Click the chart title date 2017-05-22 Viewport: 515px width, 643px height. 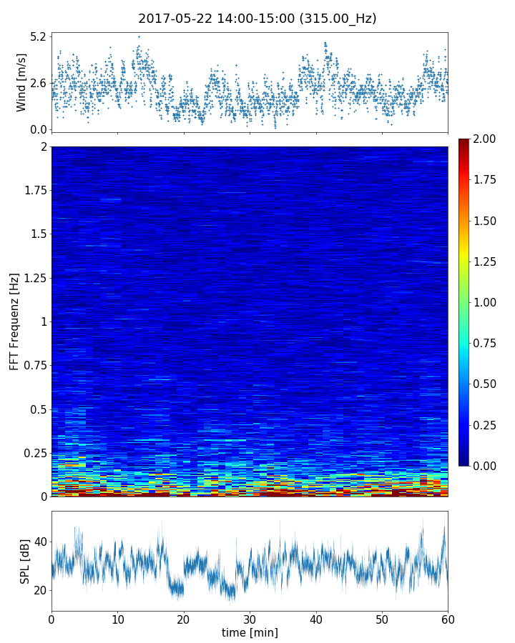pos(172,19)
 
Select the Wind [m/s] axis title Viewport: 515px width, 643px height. pos(21,82)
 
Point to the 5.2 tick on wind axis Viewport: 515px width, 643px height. pos(38,36)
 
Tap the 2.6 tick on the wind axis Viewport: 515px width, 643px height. pos(38,83)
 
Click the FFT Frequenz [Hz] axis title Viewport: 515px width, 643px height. pos(14,321)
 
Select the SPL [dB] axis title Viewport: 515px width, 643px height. pos(25,561)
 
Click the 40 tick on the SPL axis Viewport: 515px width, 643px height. pos(40,542)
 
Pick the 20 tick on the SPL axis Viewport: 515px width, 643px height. pos(40,590)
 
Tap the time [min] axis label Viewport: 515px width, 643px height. pos(250,632)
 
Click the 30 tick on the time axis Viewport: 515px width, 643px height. pos(250,618)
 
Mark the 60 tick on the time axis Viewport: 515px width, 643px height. pos(448,618)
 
